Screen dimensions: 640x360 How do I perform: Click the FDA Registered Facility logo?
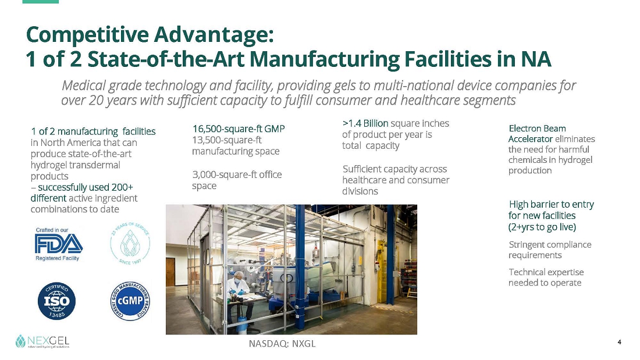pyautogui.click(x=59, y=244)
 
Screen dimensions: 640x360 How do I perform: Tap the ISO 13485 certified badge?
pyautogui.click(x=57, y=301)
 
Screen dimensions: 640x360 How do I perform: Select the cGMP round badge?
pyautogui.click(x=130, y=301)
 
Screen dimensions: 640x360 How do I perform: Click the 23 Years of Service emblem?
pyautogui.click(x=130, y=243)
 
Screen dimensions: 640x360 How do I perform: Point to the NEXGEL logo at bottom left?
pyautogui.click(x=42, y=341)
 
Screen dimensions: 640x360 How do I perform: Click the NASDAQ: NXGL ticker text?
pyautogui.click(x=282, y=344)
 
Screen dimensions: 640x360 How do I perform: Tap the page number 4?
pyautogui.click(x=619, y=342)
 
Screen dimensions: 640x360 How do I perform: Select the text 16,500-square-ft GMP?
pyautogui.click(x=239, y=129)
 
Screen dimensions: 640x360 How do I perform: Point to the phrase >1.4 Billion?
pyautogui.click(x=365, y=123)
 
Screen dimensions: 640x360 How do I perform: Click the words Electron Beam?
pyautogui.click(x=537, y=129)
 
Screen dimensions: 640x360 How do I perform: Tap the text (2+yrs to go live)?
pyautogui.click(x=542, y=227)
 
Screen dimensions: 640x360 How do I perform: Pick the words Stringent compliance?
pyautogui.click(x=550, y=245)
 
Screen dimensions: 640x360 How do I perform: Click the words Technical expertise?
pyautogui.click(x=546, y=272)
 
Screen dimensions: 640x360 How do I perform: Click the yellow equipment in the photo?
pyautogui.click(x=382, y=269)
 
